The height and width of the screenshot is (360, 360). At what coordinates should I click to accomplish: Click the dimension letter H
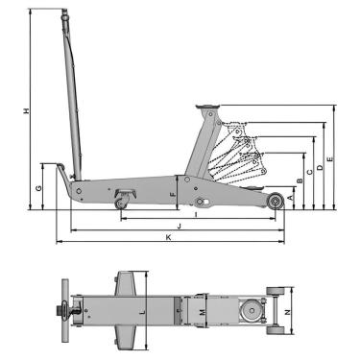(27, 110)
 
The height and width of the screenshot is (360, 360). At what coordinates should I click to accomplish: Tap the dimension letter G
(38, 188)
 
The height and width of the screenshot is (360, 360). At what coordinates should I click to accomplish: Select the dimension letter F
(173, 194)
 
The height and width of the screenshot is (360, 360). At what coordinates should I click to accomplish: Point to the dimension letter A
(290, 198)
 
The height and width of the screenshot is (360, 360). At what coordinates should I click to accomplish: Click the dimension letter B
(300, 181)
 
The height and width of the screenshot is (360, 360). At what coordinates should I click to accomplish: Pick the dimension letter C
(309, 172)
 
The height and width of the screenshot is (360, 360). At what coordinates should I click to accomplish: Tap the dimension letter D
(320, 167)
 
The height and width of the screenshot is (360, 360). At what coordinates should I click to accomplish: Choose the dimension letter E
(330, 158)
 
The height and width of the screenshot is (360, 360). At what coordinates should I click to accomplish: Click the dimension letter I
(196, 215)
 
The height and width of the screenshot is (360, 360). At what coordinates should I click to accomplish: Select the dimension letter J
(180, 227)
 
